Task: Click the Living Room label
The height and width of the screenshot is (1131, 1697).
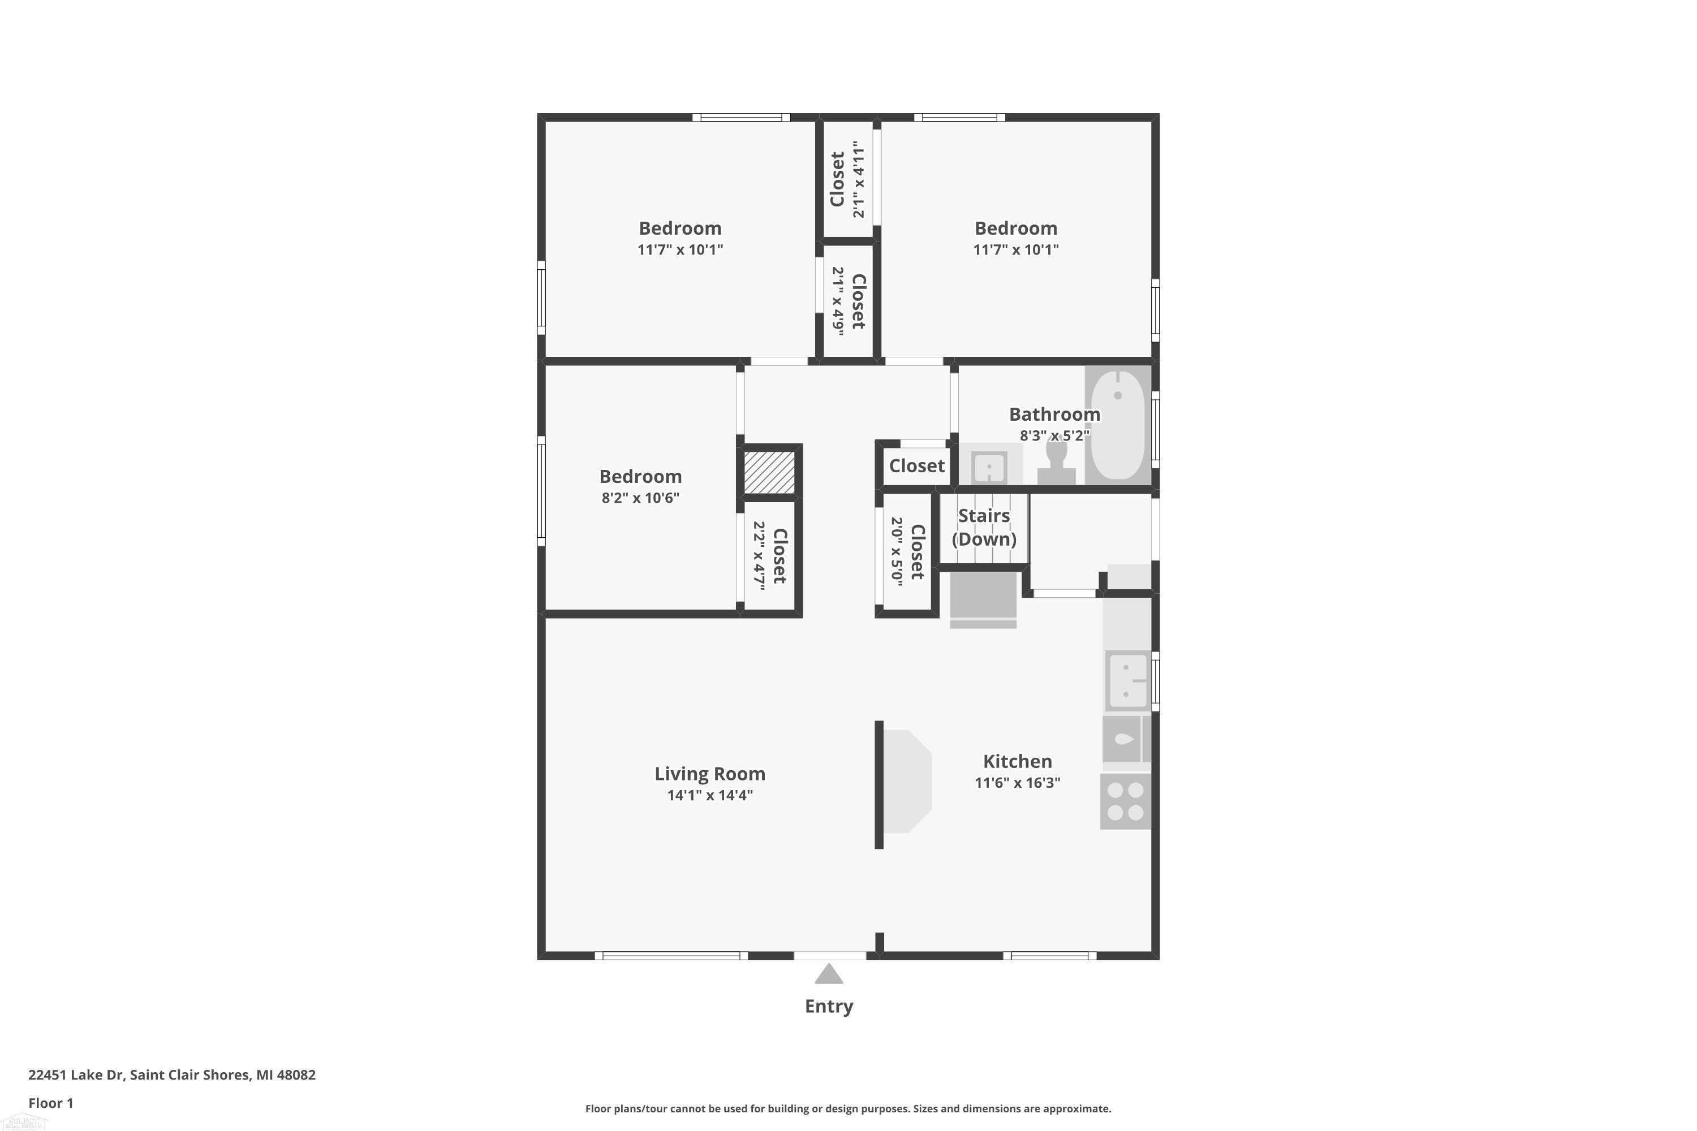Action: click(709, 774)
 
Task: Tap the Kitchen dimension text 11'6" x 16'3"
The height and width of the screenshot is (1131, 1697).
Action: click(1017, 783)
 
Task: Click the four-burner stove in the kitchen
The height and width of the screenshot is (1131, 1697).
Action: click(1125, 801)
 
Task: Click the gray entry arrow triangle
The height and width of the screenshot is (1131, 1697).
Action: click(829, 974)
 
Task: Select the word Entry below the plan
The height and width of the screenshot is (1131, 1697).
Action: click(829, 1006)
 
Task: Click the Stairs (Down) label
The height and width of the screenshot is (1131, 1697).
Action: click(984, 527)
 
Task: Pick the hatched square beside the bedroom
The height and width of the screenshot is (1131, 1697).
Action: click(769, 472)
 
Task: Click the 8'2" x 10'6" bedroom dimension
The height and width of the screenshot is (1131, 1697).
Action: click(641, 497)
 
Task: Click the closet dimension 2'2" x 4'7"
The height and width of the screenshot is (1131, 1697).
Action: click(759, 556)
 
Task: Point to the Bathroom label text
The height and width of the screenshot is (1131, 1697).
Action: click(1054, 414)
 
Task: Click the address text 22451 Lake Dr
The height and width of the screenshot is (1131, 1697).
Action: click(76, 1075)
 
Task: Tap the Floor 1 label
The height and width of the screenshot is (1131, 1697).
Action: click(50, 1103)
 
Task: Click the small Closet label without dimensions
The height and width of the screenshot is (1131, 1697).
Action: click(916, 466)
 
